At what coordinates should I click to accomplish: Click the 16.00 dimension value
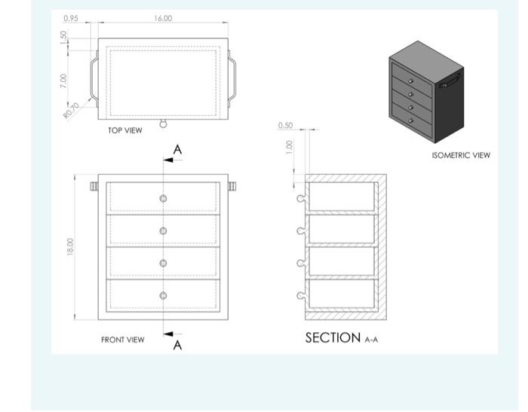(162, 18)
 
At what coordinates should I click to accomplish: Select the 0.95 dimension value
(71, 17)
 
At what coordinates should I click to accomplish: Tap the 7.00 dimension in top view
(64, 79)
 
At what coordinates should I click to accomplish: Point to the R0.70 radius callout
(71, 111)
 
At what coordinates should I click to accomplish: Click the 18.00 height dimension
(70, 246)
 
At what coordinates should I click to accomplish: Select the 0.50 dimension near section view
(285, 125)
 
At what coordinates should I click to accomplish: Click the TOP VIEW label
(124, 130)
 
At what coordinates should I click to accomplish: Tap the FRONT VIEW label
(122, 340)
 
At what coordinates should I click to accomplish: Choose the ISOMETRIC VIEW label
(460, 155)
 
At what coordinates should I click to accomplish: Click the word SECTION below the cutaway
(333, 337)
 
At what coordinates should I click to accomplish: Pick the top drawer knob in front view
(163, 198)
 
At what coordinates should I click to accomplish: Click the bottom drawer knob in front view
(163, 295)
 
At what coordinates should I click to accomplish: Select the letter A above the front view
(177, 150)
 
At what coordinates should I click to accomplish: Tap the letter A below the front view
(178, 345)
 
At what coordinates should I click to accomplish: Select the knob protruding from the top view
(163, 124)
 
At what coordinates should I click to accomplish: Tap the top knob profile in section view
(302, 199)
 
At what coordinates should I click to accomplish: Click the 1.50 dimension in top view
(64, 36)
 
